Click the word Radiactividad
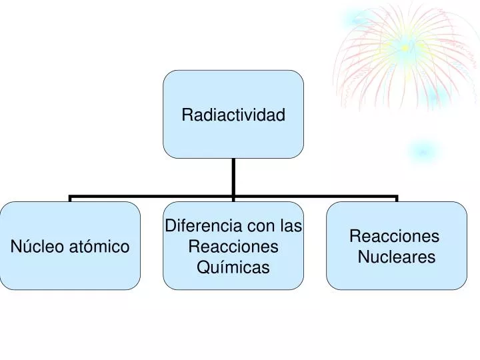pyautogui.click(x=233, y=115)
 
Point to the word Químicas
pyautogui.click(x=233, y=267)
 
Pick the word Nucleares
pyautogui.click(x=397, y=257)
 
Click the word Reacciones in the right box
pyautogui.click(x=394, y=236)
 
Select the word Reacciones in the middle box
pyautogui.click(x=233, y=247)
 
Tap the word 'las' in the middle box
pyautogui.click(x=291, y=226)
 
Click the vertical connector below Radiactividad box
pyautogui.click(x=233, y=177)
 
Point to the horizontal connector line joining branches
pyautogui.click(x=153, y=197)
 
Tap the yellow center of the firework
pyautogui.click(x=405, y=47)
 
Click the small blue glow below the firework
pyautogui.click(x=421, y=152)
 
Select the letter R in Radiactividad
pyautogui.click(x=187, y=115)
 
